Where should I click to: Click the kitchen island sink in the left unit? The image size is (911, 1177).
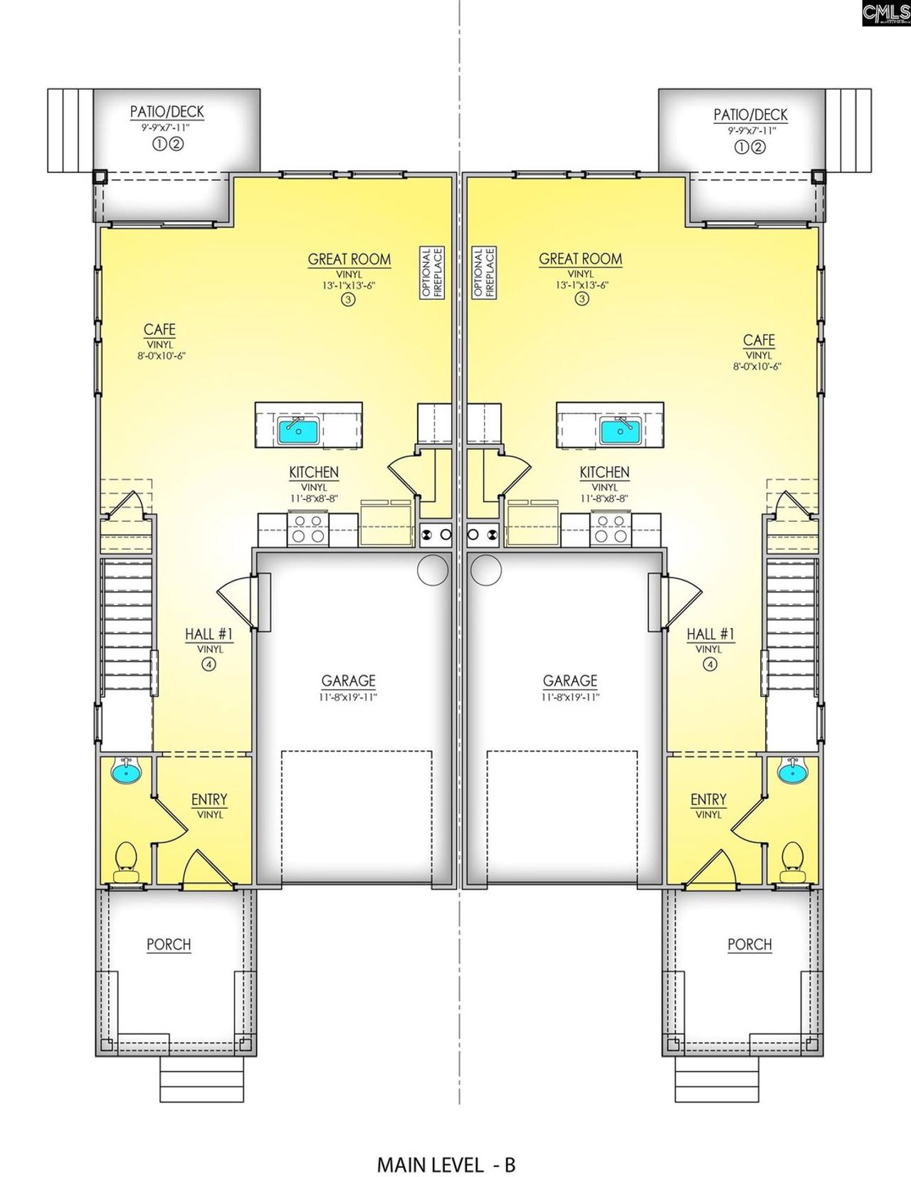300,430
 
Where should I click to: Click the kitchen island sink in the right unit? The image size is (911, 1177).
620,430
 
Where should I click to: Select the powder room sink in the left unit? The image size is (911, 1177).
127,770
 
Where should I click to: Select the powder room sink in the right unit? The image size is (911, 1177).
791,770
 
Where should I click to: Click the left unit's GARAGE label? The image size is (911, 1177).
348,681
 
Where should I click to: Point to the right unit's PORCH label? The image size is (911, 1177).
749,944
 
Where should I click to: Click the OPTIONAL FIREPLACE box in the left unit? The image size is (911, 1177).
432,272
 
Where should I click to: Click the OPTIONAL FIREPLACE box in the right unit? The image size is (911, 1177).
484,272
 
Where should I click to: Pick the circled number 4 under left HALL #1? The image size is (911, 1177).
209,664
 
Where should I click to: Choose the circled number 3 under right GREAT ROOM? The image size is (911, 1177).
581,299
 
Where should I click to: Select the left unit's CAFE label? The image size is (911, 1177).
159,330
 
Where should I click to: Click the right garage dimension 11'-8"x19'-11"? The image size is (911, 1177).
569,698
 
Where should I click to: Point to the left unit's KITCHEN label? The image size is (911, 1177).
313,473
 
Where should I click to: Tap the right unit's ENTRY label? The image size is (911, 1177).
708,800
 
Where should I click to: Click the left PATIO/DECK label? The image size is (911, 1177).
167,112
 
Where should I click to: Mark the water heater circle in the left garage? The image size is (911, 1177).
432,570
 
